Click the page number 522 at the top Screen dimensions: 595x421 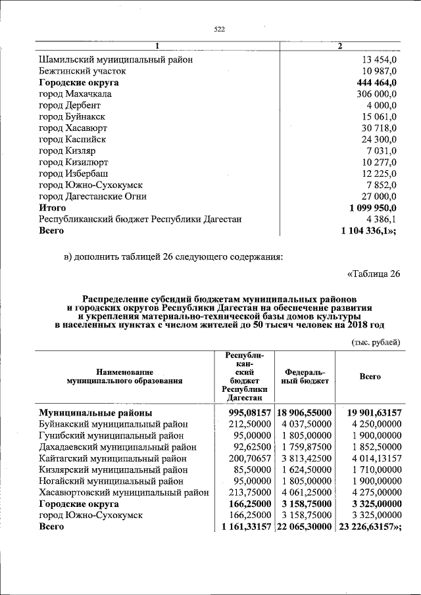click(220, 29)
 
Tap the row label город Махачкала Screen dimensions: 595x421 click(75, 94)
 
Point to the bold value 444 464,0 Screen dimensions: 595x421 click(375, 83)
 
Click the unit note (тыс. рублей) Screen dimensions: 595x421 click(376, 342)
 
